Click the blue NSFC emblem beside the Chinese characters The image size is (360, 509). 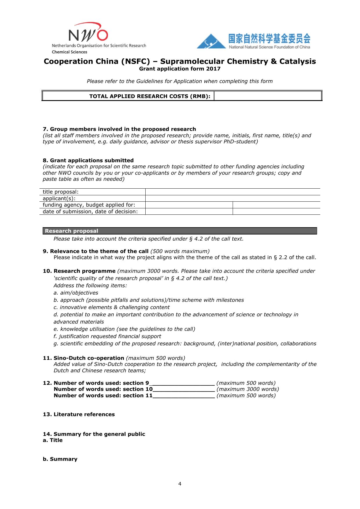[x=211, y=41]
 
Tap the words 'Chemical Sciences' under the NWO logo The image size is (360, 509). [x=69, y=52]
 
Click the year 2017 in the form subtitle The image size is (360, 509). [x=214, y=69]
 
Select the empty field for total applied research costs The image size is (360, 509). [x=268, y=96]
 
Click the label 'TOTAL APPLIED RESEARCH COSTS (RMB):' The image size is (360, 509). [x=150, y=96]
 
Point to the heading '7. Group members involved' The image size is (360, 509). [x=119, y=129]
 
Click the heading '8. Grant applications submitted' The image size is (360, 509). [x=88, y=160]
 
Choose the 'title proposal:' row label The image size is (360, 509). [x=61, y=192]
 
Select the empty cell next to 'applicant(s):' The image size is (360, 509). [x=233, y=198]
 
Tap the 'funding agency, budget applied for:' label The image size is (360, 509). [x=89, y=205]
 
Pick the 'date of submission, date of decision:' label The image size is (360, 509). [x=90, y=212]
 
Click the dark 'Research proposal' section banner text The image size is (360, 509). [x=72, y=231]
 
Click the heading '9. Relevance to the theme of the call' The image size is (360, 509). [x=96, y=251]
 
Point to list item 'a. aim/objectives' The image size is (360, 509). [x=76, y=293]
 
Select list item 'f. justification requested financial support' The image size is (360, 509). [x=107, y=336]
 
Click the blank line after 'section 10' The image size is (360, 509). [x=184, y=389]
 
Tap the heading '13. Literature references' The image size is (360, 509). [x=79, y=414]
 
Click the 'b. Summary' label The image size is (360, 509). [x=60, y=459]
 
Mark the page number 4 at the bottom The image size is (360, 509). [x=180, y=484]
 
